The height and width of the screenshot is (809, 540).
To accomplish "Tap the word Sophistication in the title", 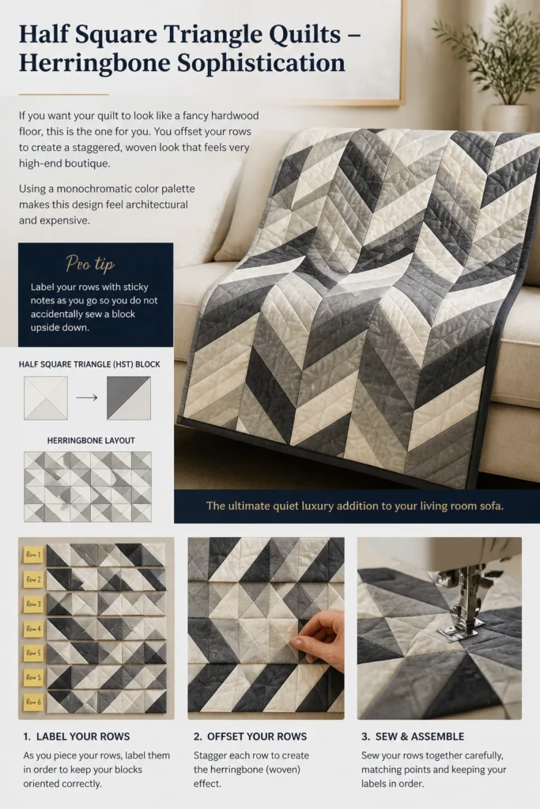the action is (261, 63).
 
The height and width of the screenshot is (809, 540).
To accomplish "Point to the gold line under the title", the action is (63, 95).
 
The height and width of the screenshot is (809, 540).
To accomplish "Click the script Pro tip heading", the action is (90, 264).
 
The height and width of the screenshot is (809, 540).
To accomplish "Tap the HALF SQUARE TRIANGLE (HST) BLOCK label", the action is (89, 364).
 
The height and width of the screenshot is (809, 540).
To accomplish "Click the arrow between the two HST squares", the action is (87, 398).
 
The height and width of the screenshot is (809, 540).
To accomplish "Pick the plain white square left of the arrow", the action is (45, 398).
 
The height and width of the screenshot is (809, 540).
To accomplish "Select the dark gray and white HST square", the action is (129, 398).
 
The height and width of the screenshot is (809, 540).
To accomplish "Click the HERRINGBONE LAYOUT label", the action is (91, 441).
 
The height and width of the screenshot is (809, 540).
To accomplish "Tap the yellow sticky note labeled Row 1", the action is (33, 555).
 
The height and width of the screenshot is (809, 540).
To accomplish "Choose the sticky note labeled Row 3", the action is (33, 604).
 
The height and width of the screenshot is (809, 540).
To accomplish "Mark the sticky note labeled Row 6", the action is (33, 702).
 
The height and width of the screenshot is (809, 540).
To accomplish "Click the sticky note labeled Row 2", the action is (33, 579).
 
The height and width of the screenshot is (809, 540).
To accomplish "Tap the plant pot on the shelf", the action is (507, 118).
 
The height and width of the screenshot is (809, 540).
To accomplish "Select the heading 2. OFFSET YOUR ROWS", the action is (250, 736).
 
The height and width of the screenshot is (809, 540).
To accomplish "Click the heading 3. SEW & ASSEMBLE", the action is (413, 736).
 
